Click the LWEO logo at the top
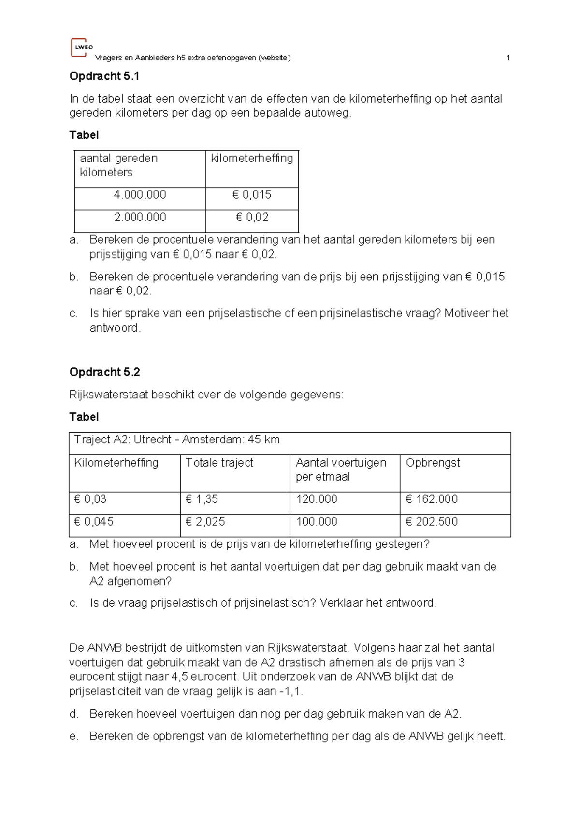click(80, 47)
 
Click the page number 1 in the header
click(508, 58)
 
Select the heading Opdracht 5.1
click(104, 76)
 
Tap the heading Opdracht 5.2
click(104, 372)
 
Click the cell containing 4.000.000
click(140, 195)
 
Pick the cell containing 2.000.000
click(140, 217)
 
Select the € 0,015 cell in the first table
click(252, 195)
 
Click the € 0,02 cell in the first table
click(252, 217)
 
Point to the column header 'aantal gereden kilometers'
click(119, 165)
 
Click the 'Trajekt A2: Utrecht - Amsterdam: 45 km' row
click(177, 439)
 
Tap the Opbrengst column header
click(433, 463)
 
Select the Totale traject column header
click(219, 463)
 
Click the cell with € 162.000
click(432, 499)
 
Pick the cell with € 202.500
click(432, 521)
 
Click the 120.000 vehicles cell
click(317, 499)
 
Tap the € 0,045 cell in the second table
click(94, 521)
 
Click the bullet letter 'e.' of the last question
click(73, 736)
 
